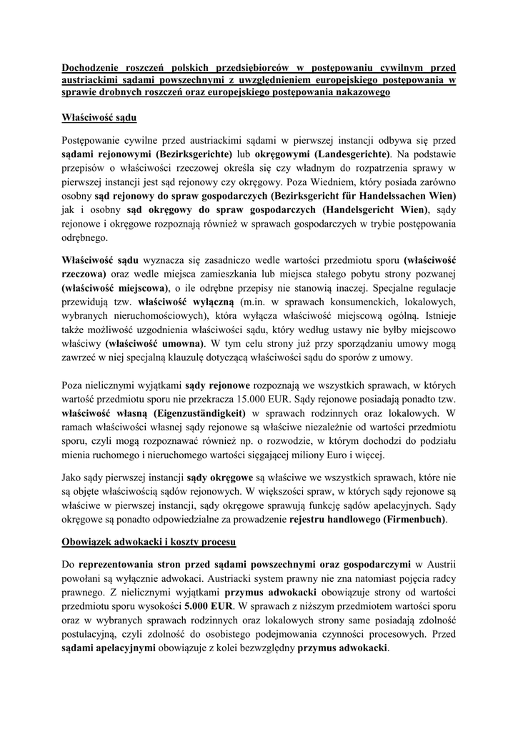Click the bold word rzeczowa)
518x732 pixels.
point(85,274)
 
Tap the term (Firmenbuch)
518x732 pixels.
point(414,520)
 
